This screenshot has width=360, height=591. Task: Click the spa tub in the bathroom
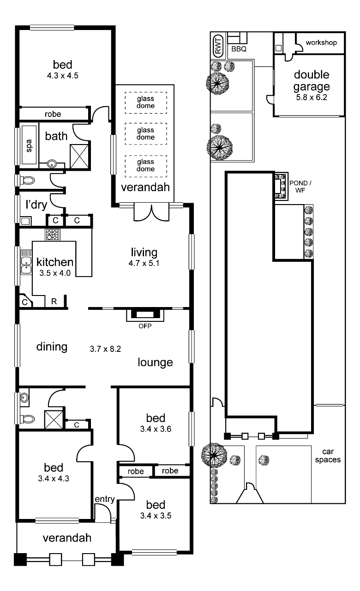pos(29,145)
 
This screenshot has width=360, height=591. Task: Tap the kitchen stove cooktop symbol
pos(53,234)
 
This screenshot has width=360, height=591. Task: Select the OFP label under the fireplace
pos(145,326)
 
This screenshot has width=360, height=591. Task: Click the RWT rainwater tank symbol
pos(218,46)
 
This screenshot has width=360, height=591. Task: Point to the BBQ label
pos(239,49)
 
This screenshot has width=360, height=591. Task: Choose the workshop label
pos(321,42)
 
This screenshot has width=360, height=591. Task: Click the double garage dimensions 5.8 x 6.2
pos(312,97)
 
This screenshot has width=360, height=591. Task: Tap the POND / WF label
pos(300,186)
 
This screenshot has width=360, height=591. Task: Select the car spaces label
pos(328,455)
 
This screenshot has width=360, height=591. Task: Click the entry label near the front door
pos(105,499)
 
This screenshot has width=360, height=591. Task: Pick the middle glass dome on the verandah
pos(146,133)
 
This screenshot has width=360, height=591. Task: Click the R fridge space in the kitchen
pos(54,302)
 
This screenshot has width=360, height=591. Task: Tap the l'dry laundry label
pos(36,205)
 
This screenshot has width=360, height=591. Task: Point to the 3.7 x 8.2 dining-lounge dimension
pos(105,349)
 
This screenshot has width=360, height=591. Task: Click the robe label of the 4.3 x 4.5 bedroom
pos(53,114)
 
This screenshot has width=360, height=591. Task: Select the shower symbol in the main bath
pos(79,156)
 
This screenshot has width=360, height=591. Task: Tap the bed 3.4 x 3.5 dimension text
pos(156,516)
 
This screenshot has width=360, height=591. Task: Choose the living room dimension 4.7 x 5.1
pos(144,263)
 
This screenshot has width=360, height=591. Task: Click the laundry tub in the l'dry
pos(25,221)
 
